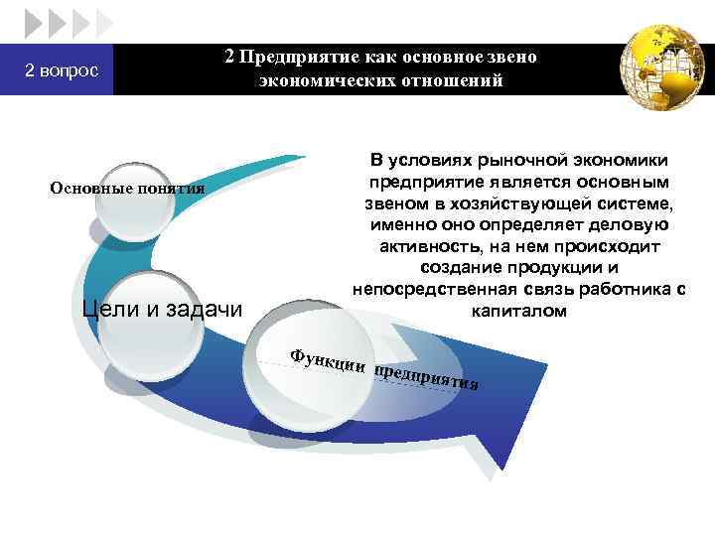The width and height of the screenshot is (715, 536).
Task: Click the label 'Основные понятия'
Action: (x=127, y=188)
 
